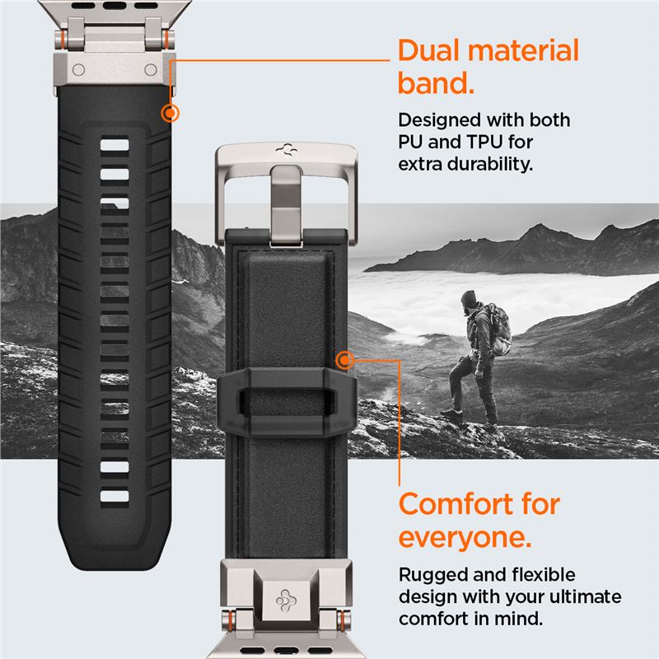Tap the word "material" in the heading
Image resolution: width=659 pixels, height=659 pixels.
[524, 51]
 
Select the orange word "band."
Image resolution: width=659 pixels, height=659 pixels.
[436, 83]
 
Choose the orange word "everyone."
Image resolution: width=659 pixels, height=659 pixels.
[465, 538]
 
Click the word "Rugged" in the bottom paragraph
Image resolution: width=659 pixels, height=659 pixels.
[428, 575]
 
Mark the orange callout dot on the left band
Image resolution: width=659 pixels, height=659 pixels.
[171, 113]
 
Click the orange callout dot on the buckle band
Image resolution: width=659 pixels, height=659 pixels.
[345, 360]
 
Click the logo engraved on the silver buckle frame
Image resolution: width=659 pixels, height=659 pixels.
[287, 150]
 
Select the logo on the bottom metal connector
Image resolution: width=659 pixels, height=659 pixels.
[286, 601]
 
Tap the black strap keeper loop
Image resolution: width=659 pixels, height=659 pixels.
[287, 401]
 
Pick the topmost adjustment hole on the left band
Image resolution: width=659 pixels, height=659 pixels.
[115, 145]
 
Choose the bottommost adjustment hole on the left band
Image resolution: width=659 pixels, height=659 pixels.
[115, 497]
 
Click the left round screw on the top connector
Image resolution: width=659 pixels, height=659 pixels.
[78, 70]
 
